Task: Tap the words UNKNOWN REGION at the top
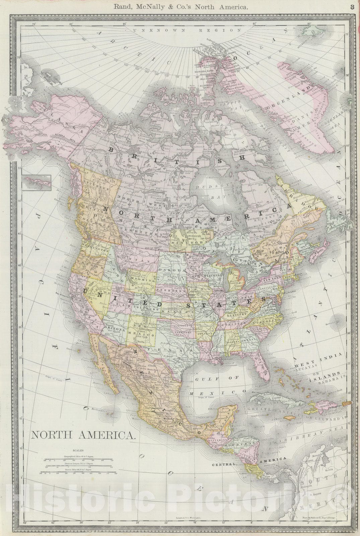point(186,30)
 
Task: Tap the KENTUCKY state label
point(234,315)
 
